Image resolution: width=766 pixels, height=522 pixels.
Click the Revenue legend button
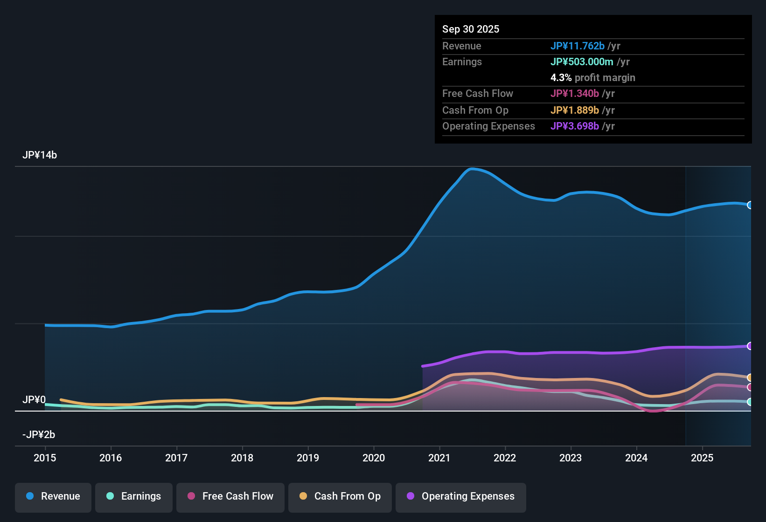53,496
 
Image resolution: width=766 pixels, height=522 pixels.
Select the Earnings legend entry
134,496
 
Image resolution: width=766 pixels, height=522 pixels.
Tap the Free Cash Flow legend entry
230,496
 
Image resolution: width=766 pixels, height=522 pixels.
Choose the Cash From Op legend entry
340,496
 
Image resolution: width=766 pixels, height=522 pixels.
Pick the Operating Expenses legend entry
461,496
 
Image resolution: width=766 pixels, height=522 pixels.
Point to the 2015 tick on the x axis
45,458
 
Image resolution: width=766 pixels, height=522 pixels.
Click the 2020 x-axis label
374,458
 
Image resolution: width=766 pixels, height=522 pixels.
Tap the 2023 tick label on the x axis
571,458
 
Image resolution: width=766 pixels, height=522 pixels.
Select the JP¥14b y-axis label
40,155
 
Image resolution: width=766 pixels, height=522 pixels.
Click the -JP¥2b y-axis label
39,435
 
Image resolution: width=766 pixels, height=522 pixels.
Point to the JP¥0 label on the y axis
34,400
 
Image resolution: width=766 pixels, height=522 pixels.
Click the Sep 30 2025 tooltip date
471,29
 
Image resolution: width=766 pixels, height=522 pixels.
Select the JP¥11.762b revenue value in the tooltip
578,46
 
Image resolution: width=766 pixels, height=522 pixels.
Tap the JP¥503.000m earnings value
582,62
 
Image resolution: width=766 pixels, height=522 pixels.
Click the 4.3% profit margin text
592,78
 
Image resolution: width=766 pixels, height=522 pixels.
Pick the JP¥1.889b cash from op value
575,110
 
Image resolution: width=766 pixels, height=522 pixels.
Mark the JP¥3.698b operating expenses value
575,126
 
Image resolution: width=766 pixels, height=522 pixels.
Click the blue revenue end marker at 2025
750,205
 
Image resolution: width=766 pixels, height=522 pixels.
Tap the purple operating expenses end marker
750,346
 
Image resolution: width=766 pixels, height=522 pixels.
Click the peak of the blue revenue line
472,169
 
